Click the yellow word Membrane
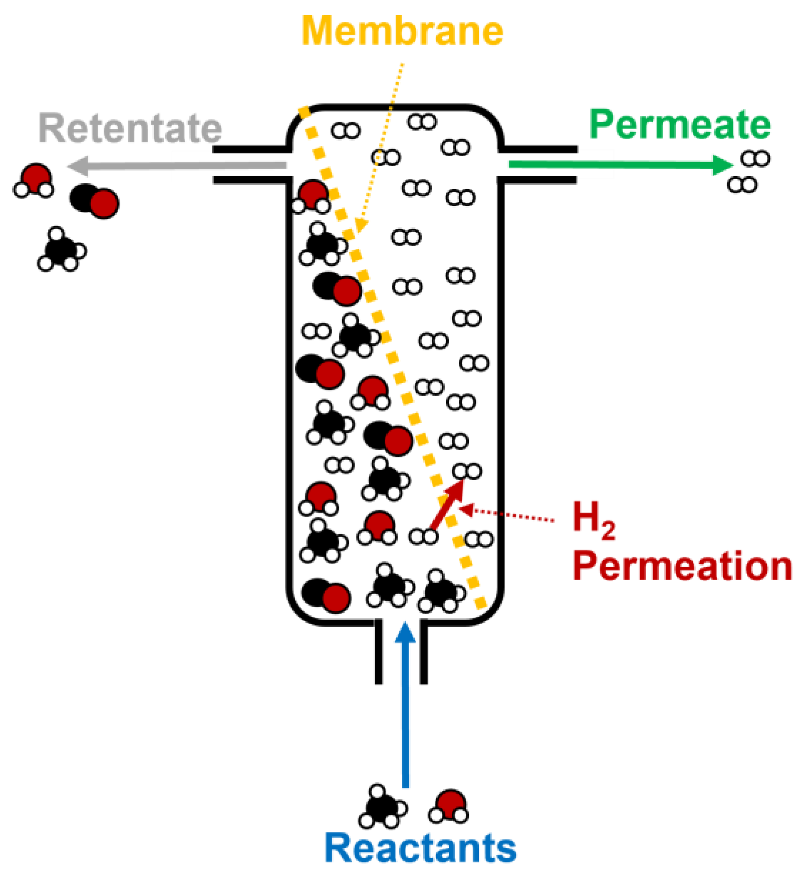pyautogui.click(x=402, y=31)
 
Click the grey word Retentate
pyautogui.click(x=130, y=128)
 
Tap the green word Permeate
pyautogui.click(x=680, y=124)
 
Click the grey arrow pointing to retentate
pyautogui.click(x=176, y=166)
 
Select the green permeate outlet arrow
pyautogui.click(x=617, y=164)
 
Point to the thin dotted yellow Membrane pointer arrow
pyautogui.click(x=382, y=147)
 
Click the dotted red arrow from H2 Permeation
pyautogui.click(x=508, y=514)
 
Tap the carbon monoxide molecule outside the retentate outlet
pyautogui.click(x=94, y=201)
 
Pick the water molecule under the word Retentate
pyautogui.click(x=34, y=180)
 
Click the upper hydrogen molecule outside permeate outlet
pyautogui.click(x=755, y=159)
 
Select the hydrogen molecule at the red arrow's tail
pyautogui.click(x=423, y=537)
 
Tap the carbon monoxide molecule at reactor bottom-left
pyautogui.click(x=326, y=595)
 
